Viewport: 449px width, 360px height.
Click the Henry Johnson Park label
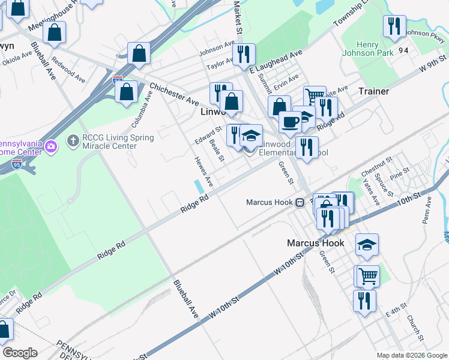(376, 49)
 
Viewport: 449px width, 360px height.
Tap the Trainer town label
(374, 91)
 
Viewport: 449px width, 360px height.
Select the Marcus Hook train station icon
(298, 202)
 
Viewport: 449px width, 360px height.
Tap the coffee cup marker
(291, 122)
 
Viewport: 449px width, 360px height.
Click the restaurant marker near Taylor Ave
(244, 55)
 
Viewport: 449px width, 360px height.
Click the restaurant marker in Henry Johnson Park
(394, 26)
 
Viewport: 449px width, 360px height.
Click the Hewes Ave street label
(204, 171)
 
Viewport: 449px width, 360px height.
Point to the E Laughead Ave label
(275, 62)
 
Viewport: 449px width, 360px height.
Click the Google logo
(20, 353)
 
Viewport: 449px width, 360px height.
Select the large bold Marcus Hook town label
(316, 243)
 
